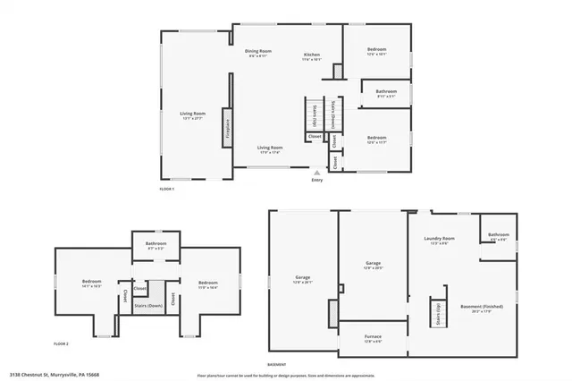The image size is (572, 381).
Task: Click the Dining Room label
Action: coord(257,51)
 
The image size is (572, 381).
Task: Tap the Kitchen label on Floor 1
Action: coord(311,55)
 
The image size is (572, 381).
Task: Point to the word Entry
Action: coord(316,180)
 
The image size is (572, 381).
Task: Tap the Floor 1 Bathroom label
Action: coord(386,91)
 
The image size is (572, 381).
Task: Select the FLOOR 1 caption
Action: coord(166,189)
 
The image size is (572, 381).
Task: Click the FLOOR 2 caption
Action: coord(61,343)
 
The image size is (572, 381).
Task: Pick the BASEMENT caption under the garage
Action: coord(277,364)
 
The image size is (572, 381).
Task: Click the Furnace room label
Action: coord(373,337)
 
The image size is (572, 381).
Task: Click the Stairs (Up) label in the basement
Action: coord(438,313)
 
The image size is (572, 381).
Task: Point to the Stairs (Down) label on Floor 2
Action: coord(148,305)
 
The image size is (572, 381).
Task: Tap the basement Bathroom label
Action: coord(498,234)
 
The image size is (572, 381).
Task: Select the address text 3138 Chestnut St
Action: coord(54,375)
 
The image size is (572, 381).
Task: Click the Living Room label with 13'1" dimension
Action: coord(193,114)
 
